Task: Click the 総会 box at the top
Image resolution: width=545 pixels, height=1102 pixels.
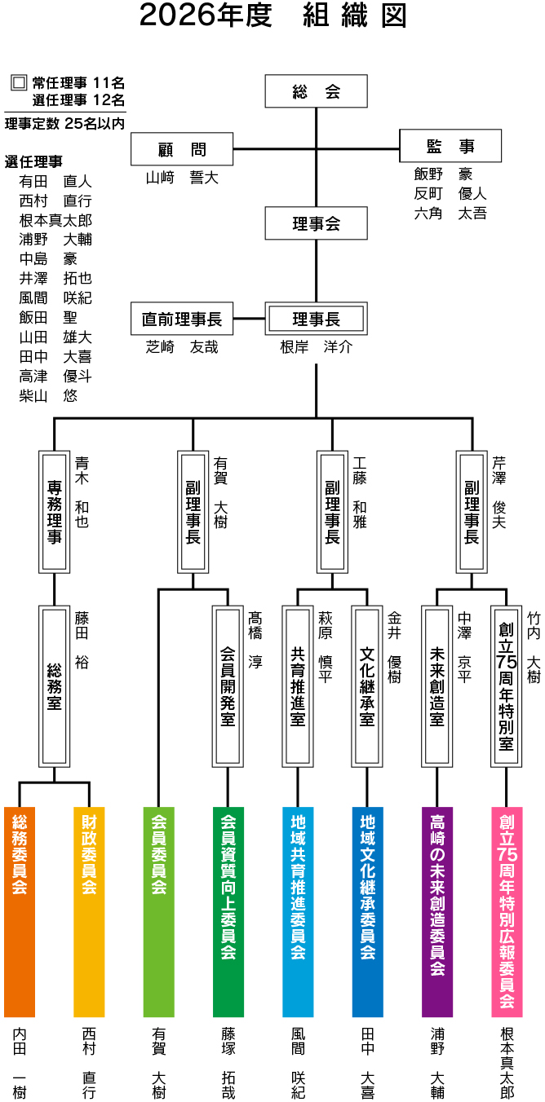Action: coord(316,91)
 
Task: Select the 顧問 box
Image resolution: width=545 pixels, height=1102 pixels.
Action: coord(182,149)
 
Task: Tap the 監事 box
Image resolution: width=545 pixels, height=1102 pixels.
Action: coord(450,147)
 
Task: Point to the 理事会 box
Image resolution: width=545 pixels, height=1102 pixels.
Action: coord(316,223)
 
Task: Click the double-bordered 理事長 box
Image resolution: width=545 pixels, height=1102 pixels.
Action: coord(316,320)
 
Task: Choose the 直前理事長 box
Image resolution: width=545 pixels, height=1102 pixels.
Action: coord(182,320)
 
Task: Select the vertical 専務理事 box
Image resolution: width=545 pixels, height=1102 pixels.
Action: coord(54,511)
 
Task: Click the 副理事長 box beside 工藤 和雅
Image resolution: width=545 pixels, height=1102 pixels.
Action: coord(332,511)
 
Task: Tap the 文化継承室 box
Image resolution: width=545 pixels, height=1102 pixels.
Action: coord(367,686)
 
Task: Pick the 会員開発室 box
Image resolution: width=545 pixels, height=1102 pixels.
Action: coord(228,686)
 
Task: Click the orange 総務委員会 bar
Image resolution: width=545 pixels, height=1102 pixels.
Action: coord(20,911)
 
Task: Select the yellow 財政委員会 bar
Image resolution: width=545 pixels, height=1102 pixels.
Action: coord(89,911)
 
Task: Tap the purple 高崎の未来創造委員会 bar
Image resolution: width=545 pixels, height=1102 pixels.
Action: coord(437,911)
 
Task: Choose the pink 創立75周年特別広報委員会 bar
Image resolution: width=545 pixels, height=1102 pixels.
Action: coord(507,911)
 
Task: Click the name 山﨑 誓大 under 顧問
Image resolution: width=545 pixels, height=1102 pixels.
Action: coord(182,177)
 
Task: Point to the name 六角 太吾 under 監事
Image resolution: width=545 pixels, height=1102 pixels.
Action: coord(450,214)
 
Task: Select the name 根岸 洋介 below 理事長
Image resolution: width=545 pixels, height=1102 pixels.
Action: coord(316,347)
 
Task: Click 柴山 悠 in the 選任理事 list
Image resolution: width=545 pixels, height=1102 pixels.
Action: coord(49,395)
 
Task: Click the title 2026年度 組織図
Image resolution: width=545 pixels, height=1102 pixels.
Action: coord(272,16)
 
